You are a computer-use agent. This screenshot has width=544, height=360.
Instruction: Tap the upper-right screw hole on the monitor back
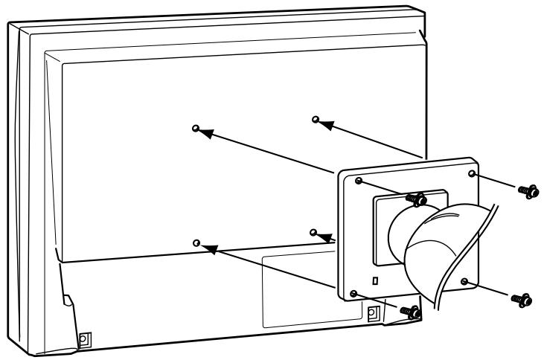[x=316, y=119]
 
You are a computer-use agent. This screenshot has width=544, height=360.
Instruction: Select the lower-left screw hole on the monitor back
[x=196, y=242]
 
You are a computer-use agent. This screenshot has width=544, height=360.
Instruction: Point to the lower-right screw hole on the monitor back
[x=313, y=232]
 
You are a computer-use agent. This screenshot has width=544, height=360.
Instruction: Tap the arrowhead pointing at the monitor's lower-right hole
[x=324, y=237]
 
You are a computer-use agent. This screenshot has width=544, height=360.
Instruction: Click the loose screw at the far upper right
[x=528, y=190]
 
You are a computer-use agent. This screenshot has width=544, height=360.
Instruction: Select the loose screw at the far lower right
[x=522, y=299]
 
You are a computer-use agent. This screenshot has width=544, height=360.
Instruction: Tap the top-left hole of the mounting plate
[x=359, y=181]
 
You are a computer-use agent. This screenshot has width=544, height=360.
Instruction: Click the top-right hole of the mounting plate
[x=472, y=173]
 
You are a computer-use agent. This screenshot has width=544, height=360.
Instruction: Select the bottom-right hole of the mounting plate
[x=464, y=282]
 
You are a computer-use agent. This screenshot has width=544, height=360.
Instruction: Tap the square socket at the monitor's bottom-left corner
[x=83, y=337]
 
